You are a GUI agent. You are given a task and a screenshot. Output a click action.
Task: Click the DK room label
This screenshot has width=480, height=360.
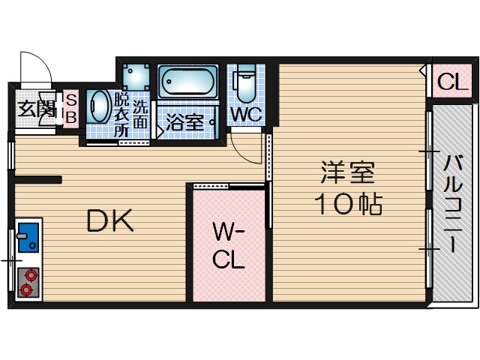[x=109, y=220]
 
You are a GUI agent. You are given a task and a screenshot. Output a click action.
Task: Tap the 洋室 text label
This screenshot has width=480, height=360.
[x=347, y=173]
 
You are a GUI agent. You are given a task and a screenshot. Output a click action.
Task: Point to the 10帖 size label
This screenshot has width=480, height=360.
[x=347, y=203]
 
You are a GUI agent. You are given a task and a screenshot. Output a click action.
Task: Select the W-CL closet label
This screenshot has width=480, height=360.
[x=228, y=244]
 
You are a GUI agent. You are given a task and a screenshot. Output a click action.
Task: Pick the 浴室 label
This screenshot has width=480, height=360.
[x=185, y=121]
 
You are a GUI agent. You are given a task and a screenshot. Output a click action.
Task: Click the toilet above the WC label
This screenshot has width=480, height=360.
[x=244, y=85]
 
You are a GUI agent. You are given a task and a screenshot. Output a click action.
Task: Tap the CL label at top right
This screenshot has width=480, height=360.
[x=452, y=82]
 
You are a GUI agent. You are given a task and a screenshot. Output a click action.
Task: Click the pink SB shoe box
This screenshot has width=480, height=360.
[x=71, y=109]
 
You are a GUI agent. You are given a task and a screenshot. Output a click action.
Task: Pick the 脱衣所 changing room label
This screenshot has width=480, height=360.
[x=121, y=113]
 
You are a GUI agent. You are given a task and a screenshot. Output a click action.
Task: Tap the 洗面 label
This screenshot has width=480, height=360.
[x=140, y=113]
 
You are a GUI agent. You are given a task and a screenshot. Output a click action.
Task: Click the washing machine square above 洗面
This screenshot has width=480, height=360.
[x=137, y=74]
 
